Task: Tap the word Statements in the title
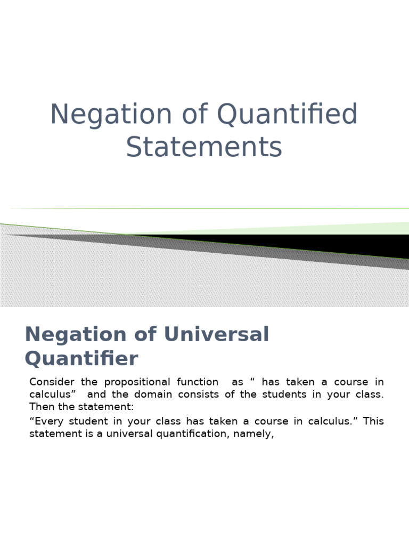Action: [204, 148]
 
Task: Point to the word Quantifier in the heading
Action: [81, 358]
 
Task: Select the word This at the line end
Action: [373, 421]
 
